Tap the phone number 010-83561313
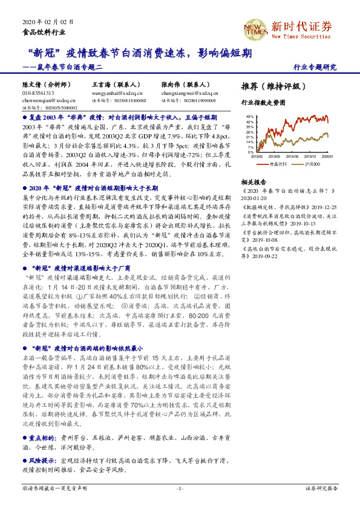(38, 93)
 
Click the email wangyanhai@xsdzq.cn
(117, 93)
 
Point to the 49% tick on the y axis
(249, 115)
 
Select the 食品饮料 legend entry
(276, 163)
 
